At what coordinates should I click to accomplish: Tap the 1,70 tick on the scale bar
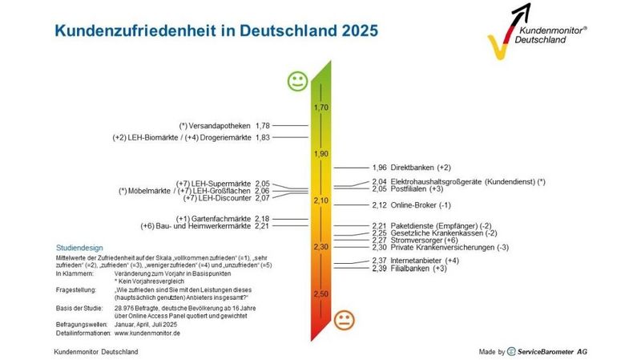(x=321, y=107)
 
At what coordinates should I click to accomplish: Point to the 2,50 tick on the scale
(x=321, y=294)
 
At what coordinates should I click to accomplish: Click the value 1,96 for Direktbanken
(x=380, y=168)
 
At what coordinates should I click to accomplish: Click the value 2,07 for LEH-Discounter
(x=262, y=198)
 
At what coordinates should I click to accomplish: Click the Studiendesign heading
(x=81, y=247)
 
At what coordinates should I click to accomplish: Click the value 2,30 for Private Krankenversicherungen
(x=380, y=248)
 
